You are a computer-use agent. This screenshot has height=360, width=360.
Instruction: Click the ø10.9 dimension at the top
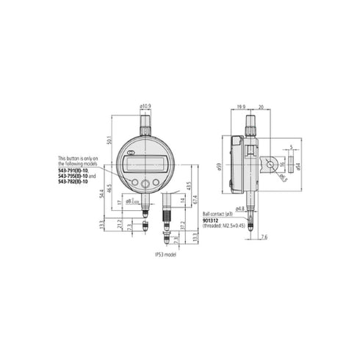pyautogui.click(x=145, y=107)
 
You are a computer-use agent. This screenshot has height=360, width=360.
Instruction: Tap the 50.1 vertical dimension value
pyautogui.click(x=110, y=140)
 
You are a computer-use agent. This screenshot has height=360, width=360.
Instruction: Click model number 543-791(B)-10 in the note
pyautogui.click(x=75, y=170)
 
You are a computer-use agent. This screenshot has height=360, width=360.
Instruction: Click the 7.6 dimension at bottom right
pyautogui.click(x=264, y=237)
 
